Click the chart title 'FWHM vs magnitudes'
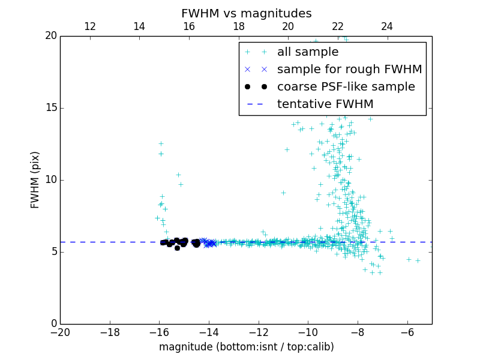[246, 13]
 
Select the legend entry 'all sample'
[308, 52]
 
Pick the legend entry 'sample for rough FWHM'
[349, 70]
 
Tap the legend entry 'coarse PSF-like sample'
[346, 87]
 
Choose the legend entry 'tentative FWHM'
[325, 104]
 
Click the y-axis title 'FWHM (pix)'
[35, 180]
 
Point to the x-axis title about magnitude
[246, 347]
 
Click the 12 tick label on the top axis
[90, 26]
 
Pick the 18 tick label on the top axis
[239, 26]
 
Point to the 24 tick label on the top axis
[387, 26]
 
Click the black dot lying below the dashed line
[177, 248]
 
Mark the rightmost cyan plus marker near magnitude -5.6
[418, 260]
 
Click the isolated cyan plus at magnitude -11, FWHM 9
[283, 193]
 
